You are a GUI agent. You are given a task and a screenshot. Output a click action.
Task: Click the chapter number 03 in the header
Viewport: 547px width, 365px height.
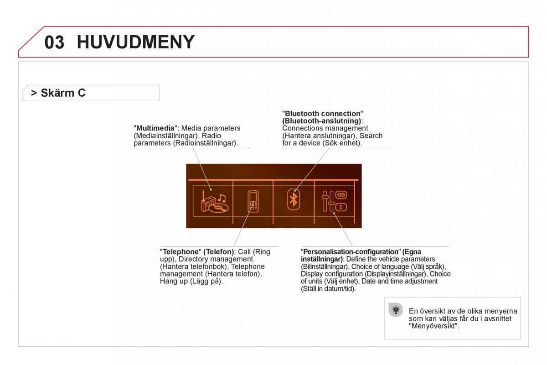(x=54, y=42)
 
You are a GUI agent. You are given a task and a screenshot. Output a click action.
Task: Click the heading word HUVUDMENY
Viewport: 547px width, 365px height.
(x=135, y=42)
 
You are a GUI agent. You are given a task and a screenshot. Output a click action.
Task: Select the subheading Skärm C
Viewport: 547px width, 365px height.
(x=63, y=93)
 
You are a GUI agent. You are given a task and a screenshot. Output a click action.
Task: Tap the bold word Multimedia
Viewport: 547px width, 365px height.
(x=155, y=128)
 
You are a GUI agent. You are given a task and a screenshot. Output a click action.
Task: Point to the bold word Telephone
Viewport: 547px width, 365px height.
(x=181, y=251)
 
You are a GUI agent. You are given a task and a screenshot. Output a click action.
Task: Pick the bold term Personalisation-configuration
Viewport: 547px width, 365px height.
(x=351, y=251)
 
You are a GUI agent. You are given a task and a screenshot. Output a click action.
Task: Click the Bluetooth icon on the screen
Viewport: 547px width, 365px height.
(x=293, y=199)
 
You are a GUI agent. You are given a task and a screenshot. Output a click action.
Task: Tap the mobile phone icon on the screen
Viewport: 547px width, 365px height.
(x=253, y=201)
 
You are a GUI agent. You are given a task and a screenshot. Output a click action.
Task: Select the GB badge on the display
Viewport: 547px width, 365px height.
(x=341, y=195)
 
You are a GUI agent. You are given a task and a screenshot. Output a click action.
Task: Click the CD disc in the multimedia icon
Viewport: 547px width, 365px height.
(x=218, y=209)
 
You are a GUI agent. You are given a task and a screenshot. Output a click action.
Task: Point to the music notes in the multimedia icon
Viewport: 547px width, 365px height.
(x=222, y=198)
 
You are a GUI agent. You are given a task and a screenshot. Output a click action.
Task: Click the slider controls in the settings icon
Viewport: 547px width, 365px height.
(x=328, y=201)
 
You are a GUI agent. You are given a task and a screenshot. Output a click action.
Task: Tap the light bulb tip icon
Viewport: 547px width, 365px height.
(x=396, y=310)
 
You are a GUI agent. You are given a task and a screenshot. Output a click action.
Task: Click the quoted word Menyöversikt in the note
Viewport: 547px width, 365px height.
(x=433, y=326)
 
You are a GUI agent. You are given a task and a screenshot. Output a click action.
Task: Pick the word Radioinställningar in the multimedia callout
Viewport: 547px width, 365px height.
(x=206, y=143)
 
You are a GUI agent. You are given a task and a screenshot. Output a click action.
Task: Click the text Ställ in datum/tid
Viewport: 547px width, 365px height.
(x=328, y=288)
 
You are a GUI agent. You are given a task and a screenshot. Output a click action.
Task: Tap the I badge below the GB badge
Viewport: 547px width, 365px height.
(x=341, y=207)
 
